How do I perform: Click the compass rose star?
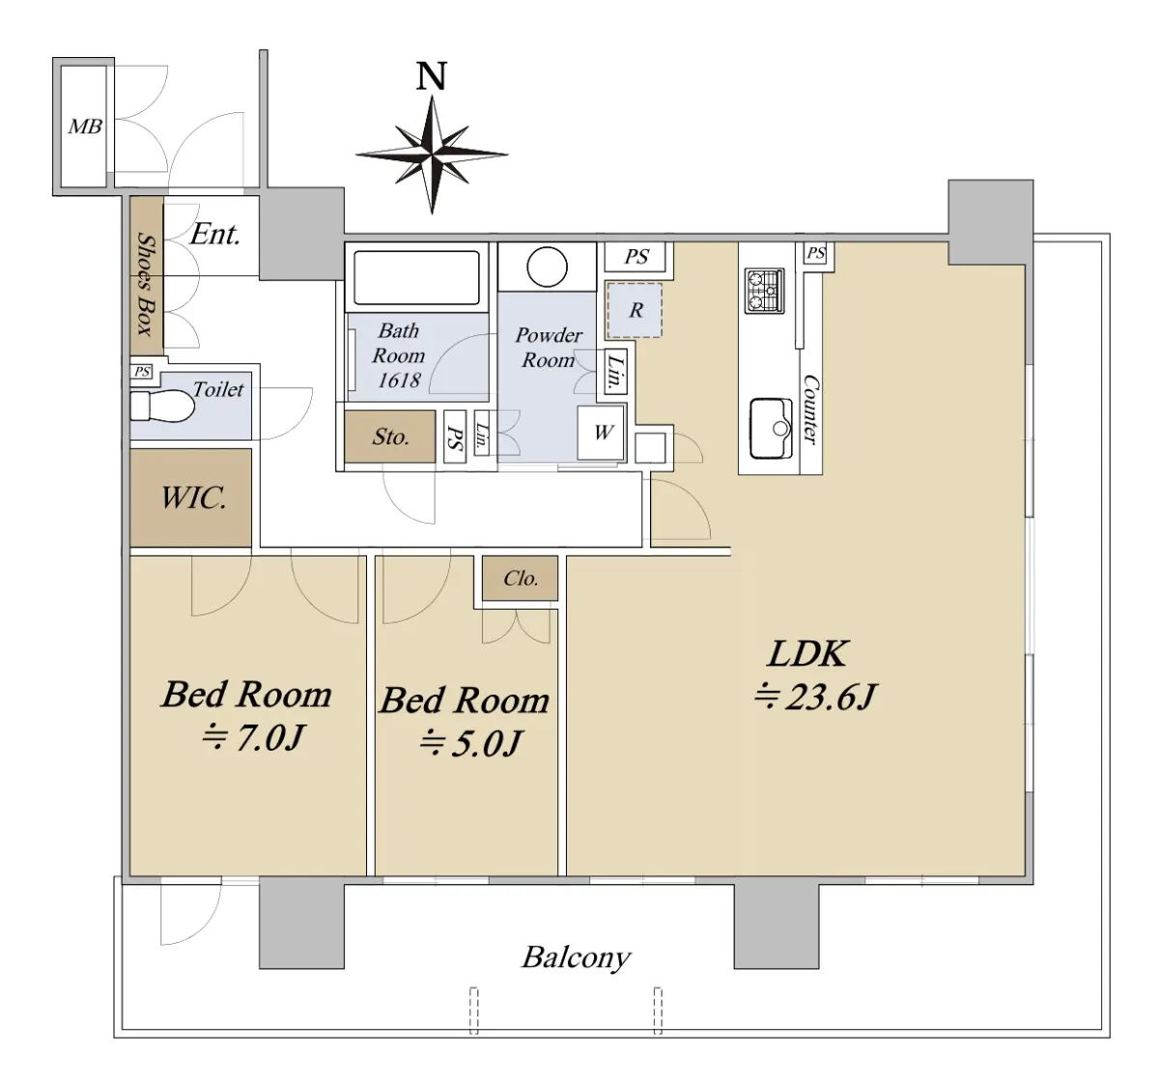(432, 155)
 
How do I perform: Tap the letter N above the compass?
(432, 76)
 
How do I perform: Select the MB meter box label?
(85, 127)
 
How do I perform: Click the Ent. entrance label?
(214, 235)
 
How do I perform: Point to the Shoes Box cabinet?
(147, 276)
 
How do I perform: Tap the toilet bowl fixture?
(161, 406)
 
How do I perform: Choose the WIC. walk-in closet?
(191, 498)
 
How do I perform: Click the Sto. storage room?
(390, 437)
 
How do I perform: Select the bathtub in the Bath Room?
(416, 278)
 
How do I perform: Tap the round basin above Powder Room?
(547, 267)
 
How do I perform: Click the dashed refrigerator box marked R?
(635, 310)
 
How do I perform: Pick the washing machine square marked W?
(601, 433)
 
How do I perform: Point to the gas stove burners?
(763, 291)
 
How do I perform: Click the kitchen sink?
(772, 429)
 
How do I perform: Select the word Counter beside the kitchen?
(810, 410)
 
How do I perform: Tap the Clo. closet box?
(520, 578)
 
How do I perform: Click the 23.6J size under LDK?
(815, 697)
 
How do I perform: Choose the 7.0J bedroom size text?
(253, 737)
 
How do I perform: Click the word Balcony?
(576, 956)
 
